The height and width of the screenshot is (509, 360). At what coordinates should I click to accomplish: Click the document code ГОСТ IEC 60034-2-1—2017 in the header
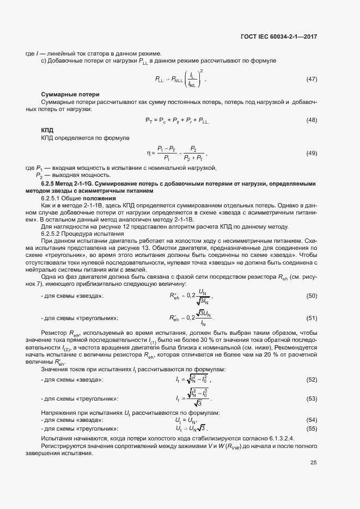click(x=278, y=37)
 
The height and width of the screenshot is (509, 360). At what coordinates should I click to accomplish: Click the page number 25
click(x=313, y=463)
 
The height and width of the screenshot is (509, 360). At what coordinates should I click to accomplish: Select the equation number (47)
click(x=312, y=79)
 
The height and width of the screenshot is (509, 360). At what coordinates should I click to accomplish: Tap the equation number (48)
click(x=312, y=120)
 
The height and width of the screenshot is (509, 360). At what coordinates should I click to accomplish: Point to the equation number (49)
click(x=312, y=154)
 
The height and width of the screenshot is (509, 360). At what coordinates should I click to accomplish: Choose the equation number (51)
click(x=312, y=318)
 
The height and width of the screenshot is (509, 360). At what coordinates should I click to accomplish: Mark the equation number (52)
click(x=312, y=379)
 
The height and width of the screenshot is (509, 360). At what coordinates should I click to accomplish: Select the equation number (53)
click(x=312, y=398)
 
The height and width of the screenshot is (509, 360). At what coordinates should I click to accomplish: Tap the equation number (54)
click(x=312, y=420)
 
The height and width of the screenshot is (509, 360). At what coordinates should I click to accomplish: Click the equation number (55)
click(x=312, y=428)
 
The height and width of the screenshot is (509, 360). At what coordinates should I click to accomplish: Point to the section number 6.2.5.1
click(x=52, y=199)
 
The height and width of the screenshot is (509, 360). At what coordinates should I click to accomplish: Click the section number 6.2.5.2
click(x=52, y=234)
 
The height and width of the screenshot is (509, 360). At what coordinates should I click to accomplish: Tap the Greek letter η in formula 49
click(x=147, y=154)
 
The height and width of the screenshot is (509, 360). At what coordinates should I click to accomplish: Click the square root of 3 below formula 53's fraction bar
click(x=199, y=403)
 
